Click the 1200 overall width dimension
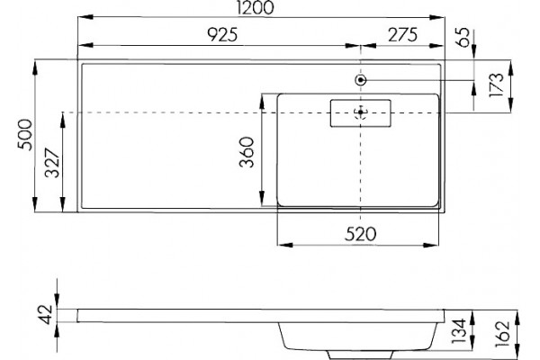pyautogui.click(x=256, y=7)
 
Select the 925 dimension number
pyautogui.click(x=222, y=35)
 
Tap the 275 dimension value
pyautogui.click(x=402, y=35)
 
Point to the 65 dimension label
pyautogui.click(x=463, y=37)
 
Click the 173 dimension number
pyautogui.click(x=496, y=85)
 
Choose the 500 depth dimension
pyautogui.click(x=24, y=135)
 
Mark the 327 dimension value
pyautogui.click(x=52, y=163)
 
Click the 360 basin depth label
pyautogui.click(x=247, y=152)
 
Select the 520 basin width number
pyautogui.click(x=360, y=234)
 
